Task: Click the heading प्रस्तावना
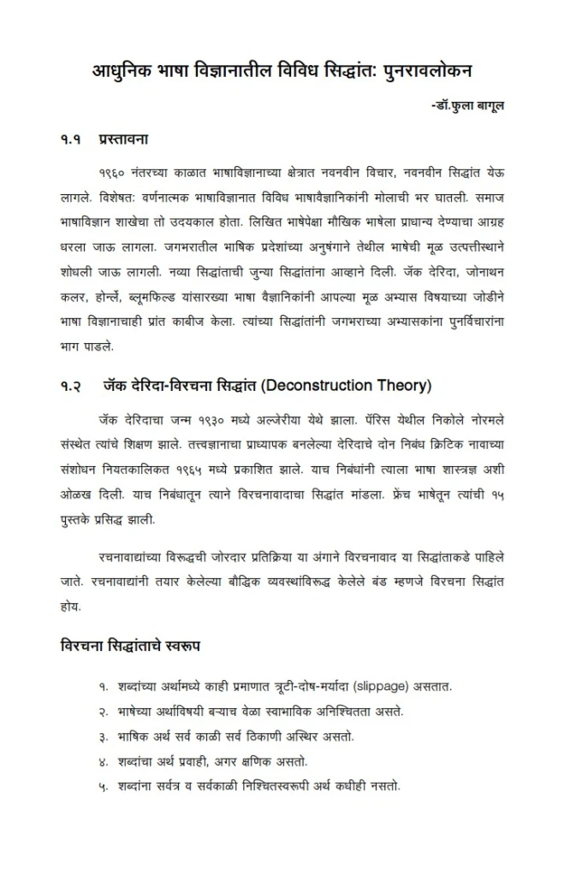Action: (125, 137)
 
